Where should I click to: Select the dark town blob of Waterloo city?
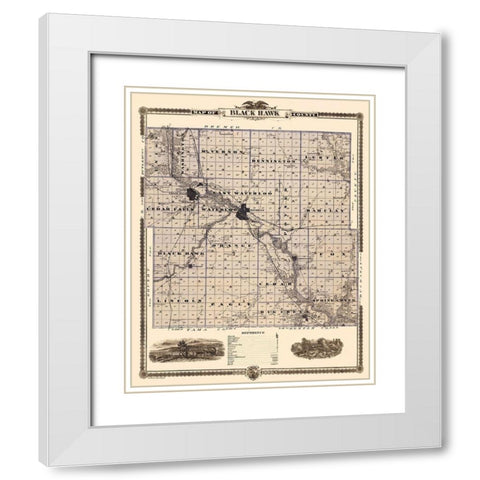[243, 211]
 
